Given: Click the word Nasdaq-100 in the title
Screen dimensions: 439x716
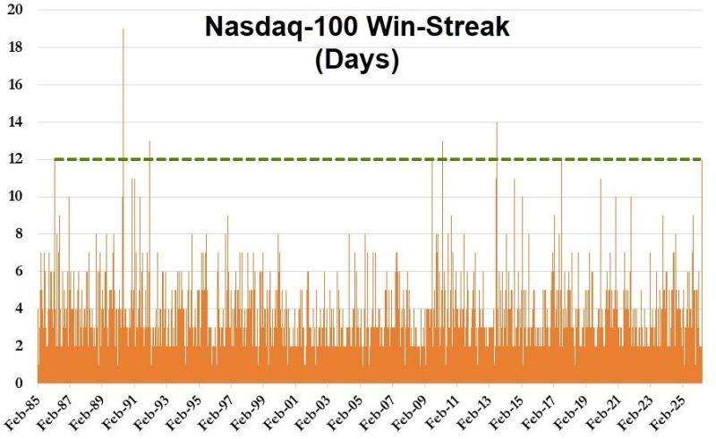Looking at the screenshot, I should pos(280,27).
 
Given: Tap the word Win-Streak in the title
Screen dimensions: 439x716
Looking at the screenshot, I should pos(436,27).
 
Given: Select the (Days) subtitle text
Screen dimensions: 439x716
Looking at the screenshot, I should pos(357,61).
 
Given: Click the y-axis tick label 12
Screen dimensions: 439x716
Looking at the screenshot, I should pos(15,159).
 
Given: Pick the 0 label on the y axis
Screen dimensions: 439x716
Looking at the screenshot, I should pos(19,384).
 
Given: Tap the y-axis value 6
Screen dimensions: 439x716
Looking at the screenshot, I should pos(19,271).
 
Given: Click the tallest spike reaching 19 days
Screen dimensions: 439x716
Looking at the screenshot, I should pos(124,32).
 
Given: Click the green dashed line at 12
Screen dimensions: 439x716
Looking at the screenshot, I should pos(358,159).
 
